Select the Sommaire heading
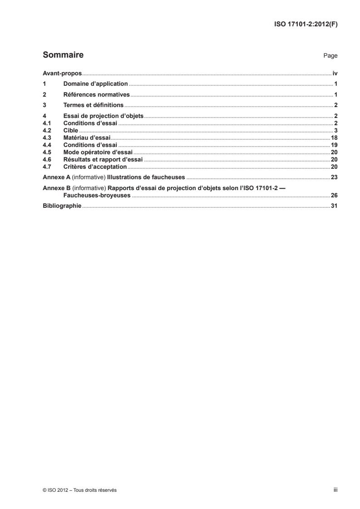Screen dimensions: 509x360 point(63,55)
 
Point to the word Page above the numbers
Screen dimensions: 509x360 point(330,56)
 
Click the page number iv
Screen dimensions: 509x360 point(335,73)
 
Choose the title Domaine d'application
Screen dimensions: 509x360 point(95,84)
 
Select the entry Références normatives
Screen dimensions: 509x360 point(96,95)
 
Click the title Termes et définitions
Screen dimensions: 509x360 point(94,106)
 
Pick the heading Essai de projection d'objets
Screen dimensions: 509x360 point(104,117)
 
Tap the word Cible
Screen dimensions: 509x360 point(70,130)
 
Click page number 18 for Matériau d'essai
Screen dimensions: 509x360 point(333,137)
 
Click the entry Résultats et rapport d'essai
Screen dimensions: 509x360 point(103,160)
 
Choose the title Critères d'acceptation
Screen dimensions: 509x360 point(95,166)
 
